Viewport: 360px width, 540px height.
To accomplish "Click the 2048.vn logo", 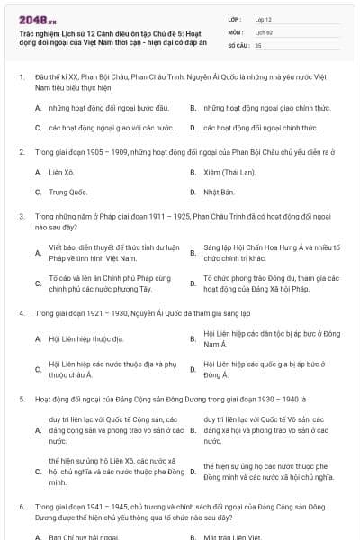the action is point(31,19).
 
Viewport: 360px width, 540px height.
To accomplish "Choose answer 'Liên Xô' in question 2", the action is point(62,171).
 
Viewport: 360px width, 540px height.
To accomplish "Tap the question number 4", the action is point(21,312).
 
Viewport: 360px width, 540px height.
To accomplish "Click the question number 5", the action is point(21,397).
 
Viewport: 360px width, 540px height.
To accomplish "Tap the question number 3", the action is point(21,217).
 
